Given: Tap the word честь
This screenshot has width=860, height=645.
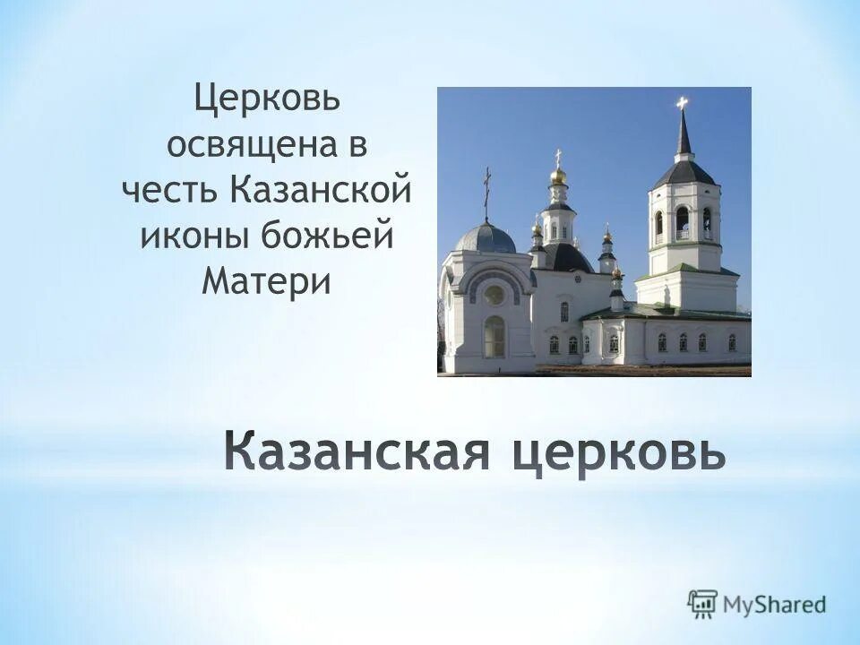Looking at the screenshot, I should click(x=170, y=193).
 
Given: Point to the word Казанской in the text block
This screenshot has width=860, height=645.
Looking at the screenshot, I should click(x=321, y=193).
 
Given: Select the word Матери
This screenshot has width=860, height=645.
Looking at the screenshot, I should click(x=267, y=282).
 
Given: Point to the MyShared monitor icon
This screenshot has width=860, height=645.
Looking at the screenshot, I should click(x=704, y=603).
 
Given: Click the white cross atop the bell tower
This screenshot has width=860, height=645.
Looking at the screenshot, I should click(x=683, y=103).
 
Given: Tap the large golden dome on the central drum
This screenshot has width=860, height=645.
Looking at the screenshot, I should click(x=558, y=176).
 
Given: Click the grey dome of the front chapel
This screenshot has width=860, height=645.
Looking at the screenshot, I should click(x=486, y=238).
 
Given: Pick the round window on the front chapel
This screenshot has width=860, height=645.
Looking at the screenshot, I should click(x=494, y=295).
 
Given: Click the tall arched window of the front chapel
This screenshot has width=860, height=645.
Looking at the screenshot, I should click(x=494, y=337).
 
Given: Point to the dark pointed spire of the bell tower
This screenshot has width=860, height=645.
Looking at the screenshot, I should click(x=684, y=134).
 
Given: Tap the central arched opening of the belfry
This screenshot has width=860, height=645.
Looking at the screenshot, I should click(x=683, y=221).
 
